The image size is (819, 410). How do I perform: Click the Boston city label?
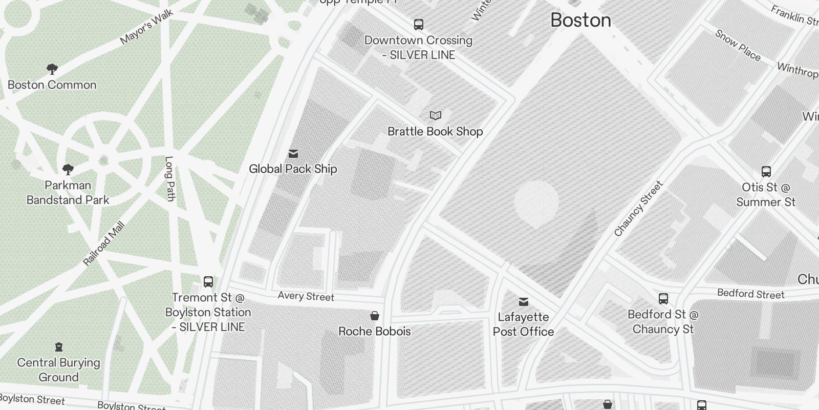pyautogui.click(x=580, y=20)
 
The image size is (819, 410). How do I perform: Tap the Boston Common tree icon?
pyautogui.click(x=52, y=69)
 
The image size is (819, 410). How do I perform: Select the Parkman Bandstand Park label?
pyautogui.click(x=68, y=193)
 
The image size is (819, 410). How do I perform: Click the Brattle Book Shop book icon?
pyautogui.click(x=435, y=115)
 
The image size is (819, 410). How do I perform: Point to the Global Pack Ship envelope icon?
pyautogui.click(x=293, y=153)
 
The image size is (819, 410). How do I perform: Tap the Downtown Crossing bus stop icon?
pyautogui.click(x=419, y=24)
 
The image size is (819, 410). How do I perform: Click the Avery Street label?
pyautogui.click(x=306, y=296)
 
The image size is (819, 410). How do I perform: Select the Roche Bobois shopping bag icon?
pyautogui.click(x=375, y=315)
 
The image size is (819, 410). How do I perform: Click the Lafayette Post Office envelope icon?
pyautogui.click(x=523, y=301)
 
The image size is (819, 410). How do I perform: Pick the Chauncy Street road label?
pyautogui.click(x=638, y=209)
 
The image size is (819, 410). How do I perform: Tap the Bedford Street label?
pyautogui.click(x=750, y=294)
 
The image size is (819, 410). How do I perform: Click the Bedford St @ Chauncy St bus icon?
pyautogui.click(x=663, y=298)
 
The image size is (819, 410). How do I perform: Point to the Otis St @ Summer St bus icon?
pyautogui.click(x=766, y=171)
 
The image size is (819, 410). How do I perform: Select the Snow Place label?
pyautogui.click(x=737, y=45)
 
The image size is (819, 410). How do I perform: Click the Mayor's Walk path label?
pyautogui.click(x=146, y=27)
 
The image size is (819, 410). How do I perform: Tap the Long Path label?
pyautogui.click(x=170, y=178)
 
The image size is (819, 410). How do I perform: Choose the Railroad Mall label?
pyautogui.click(x=104, y=244)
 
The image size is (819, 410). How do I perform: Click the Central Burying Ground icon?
pyautogui.click(x=59, y=347)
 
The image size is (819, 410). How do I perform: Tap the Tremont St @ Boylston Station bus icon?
pyautogui.click(x=208, y=281)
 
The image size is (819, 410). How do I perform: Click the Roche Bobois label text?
pyautogui.click(x=375, y=332)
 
